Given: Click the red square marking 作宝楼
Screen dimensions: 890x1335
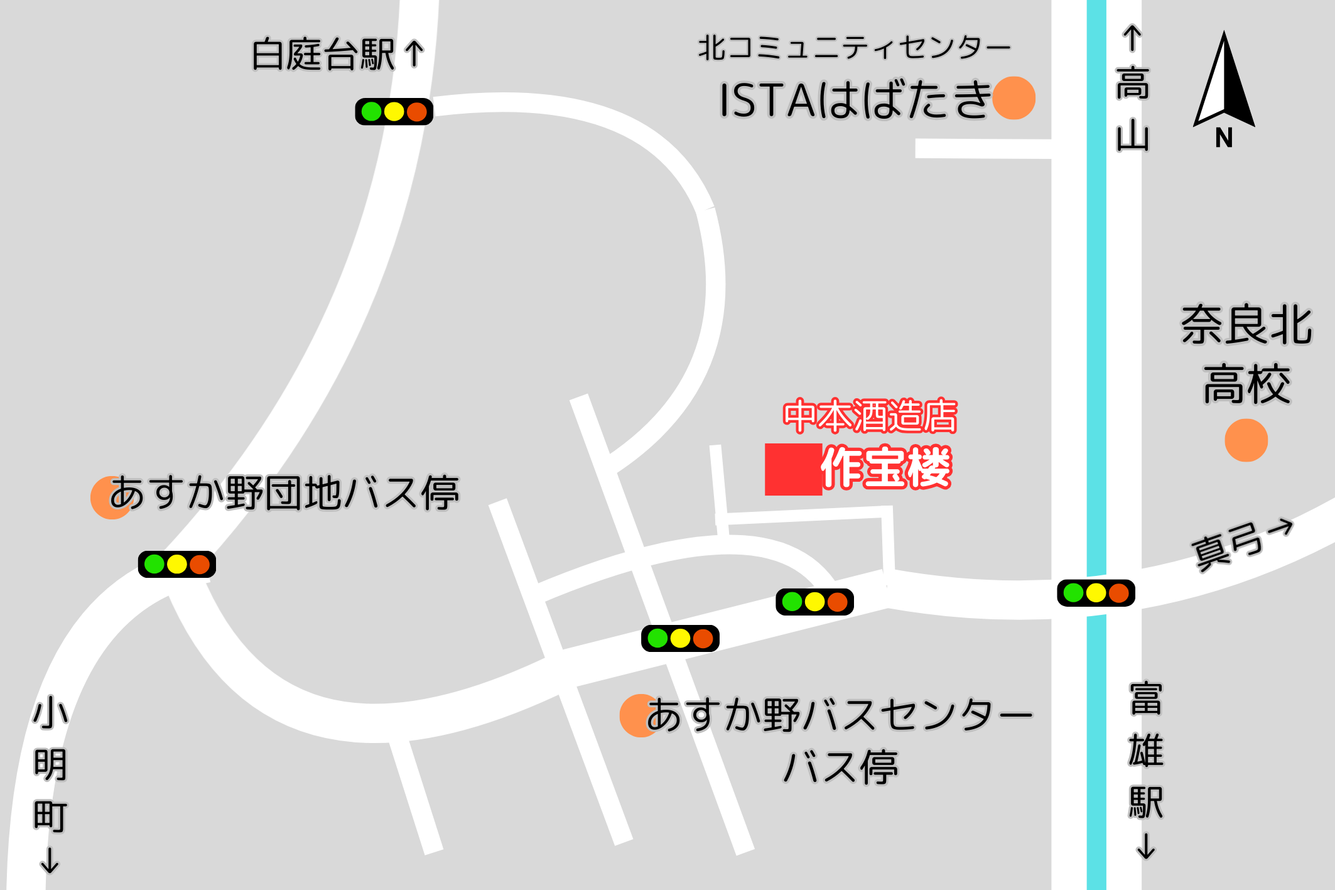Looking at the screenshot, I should coord(793,469).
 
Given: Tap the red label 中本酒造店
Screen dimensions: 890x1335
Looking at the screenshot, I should coord(870,416).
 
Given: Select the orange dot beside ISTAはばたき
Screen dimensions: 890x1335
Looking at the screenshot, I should coord(1013,98).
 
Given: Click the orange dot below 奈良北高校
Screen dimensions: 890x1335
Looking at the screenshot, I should coord(1246,440).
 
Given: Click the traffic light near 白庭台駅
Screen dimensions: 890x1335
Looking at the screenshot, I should coord(394,112).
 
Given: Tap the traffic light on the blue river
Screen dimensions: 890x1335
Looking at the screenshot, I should coord(1096,593).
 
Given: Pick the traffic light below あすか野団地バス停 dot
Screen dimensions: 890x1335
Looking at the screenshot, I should coord(177,564).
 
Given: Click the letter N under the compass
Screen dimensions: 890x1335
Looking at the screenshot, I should coord(1224,138).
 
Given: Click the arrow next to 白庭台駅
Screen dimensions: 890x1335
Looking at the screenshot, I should coord(414,54).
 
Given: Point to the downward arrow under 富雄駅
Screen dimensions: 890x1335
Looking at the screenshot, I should coord(1146,846).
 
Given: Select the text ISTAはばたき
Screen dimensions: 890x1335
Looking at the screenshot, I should coord(854,100).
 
